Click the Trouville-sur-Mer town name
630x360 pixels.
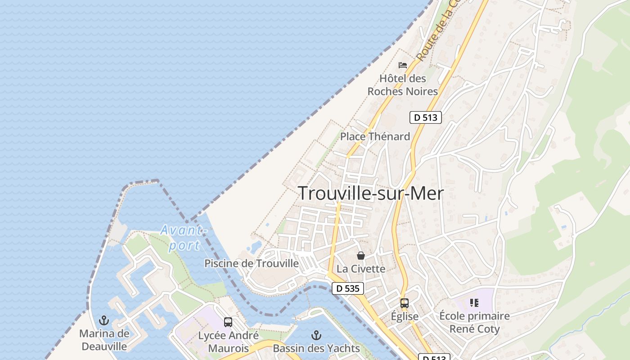(371, 193)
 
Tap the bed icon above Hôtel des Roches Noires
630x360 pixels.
(403, 65)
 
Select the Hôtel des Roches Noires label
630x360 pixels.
(402, 85)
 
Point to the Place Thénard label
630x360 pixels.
(375, 136)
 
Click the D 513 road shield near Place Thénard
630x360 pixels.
(425, 118)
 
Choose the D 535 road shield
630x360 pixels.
(347, 288)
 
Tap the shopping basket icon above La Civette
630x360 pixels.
(361, 256)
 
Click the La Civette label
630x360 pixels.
(361, 269)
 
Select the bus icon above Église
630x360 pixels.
(405, 303)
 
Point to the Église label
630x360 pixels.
(405, 316)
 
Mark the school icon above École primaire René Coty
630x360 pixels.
(474, 303)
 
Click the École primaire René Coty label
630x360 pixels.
(474, 322)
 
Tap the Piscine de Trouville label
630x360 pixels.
(252, 263)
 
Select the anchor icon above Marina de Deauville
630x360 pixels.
(104, 320)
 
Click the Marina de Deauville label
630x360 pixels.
(104, 340)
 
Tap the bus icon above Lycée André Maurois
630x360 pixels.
(228, 322)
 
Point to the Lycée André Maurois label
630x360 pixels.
(228, 342)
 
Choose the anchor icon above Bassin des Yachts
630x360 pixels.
(316, 335)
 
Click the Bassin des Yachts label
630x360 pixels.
(316, 348)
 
